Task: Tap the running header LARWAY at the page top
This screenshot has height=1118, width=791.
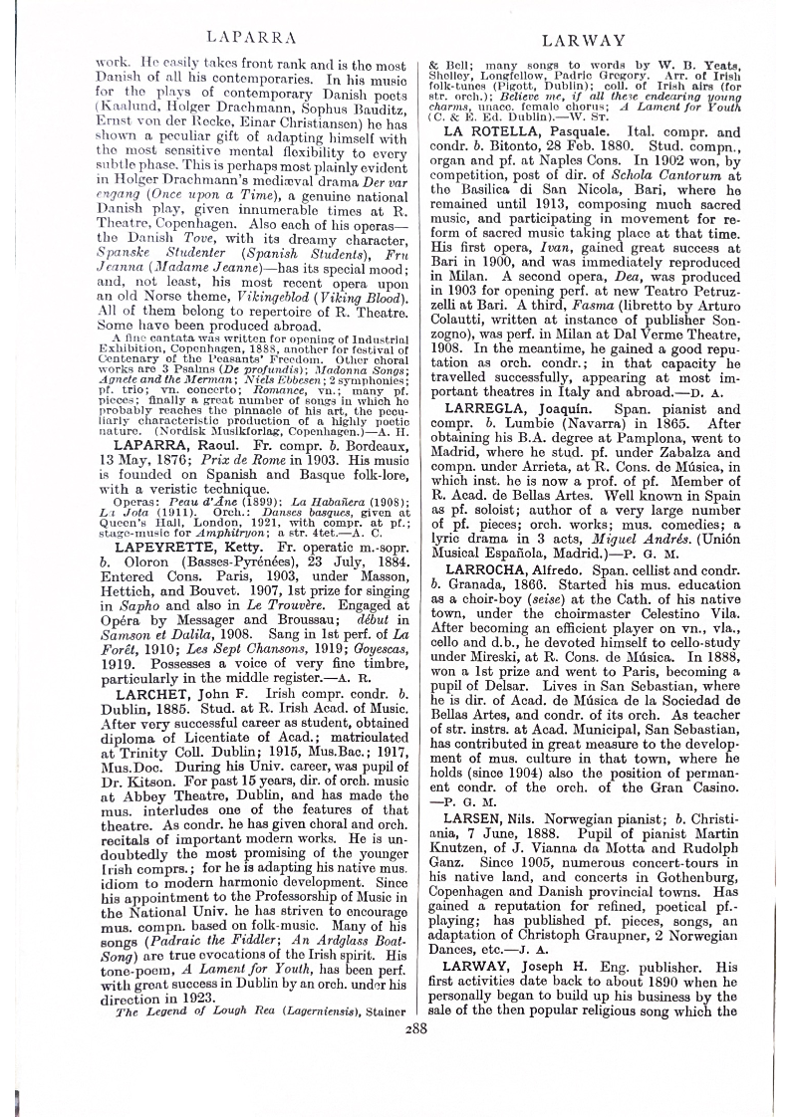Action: coord(583,41)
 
